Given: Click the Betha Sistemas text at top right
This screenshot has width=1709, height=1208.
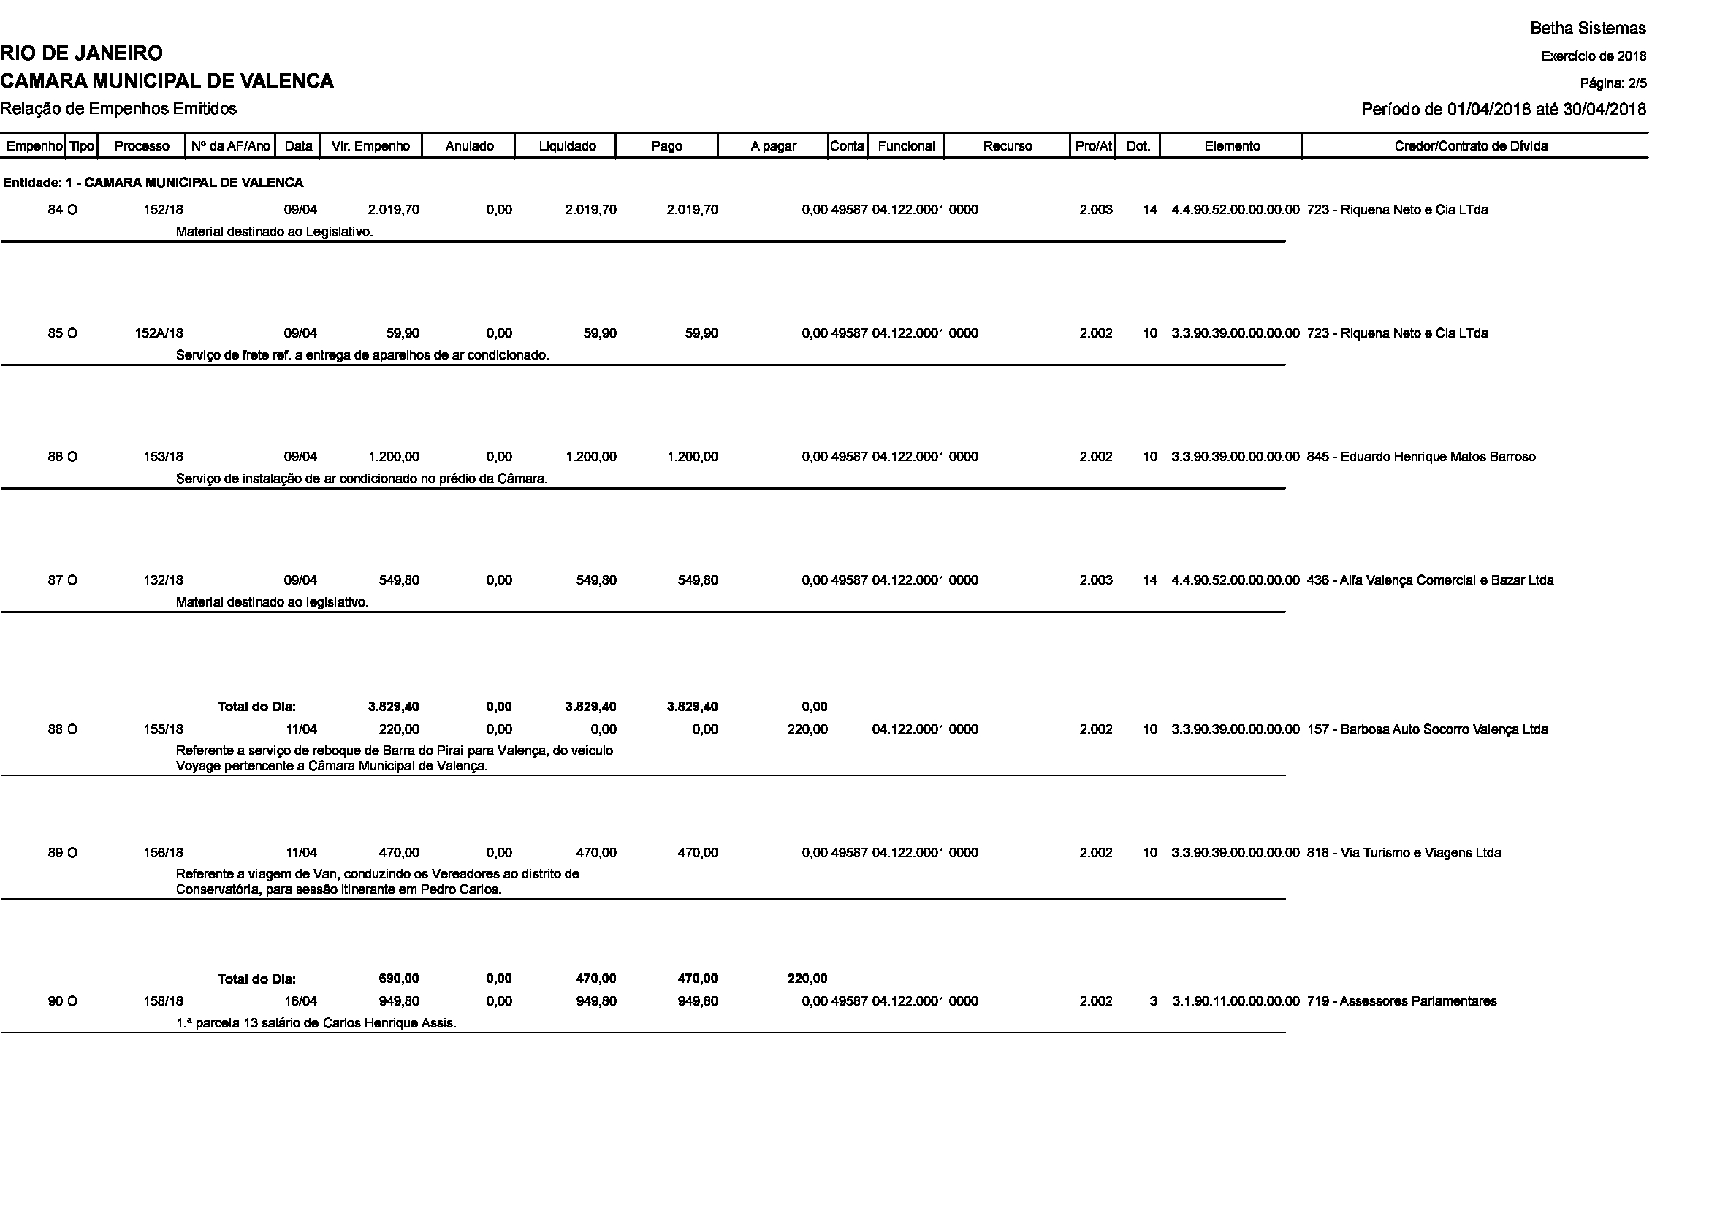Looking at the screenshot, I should point(1588,29).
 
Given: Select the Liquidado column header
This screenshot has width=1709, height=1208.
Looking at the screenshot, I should point(566,146).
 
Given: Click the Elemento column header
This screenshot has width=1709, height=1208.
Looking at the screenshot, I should point(1232,146).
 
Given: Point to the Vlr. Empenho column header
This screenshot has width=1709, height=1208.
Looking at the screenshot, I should point(370,146).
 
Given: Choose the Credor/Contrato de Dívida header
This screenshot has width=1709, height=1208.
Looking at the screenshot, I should point(1471,146).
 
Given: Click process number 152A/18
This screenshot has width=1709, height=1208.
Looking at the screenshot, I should point(159,333).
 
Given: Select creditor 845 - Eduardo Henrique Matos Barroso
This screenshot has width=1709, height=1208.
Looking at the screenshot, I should point(1421,457).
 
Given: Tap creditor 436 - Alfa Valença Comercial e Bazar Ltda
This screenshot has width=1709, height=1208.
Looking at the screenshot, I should point(1430,580).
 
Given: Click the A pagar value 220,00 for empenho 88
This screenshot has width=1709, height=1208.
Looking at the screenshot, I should point(807,729).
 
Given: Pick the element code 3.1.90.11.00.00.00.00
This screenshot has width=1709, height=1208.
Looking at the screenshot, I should point(1236,1001).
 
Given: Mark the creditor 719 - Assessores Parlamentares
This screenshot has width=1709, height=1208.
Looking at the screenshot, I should point(1401,1001).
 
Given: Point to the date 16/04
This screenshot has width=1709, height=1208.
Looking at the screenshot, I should point(301,1001).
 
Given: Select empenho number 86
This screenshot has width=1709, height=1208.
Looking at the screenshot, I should point(55,457).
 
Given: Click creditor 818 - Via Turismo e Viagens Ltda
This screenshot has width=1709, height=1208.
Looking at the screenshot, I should point(1404,853).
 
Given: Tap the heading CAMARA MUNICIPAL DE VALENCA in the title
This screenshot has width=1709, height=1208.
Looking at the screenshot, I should point(167,81).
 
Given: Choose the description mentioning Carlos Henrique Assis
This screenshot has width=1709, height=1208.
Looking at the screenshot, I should point(316,1023).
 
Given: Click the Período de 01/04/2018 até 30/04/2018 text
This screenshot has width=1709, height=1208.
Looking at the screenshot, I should point(1504,110).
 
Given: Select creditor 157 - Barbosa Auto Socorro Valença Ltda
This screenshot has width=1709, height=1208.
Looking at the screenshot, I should point(1427,729).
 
